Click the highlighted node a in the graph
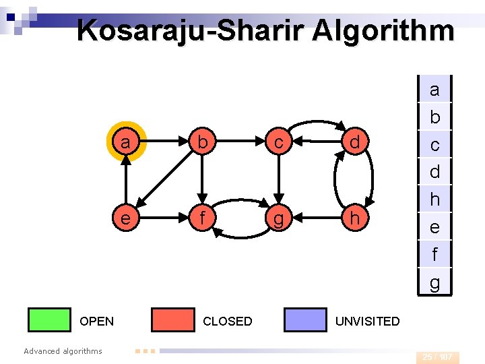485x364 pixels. (125, 142)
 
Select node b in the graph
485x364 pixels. (201, 142)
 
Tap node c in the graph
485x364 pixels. (278, 142)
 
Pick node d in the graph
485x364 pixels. (354, 142)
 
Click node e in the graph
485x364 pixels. (125, 218)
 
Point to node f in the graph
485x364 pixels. (201, 218)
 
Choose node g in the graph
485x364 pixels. (278, 218)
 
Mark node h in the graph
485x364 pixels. (354, 218)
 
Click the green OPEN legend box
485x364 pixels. (49, 320)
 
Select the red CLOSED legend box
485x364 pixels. (172, 320)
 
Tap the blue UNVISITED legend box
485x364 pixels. (305, 320)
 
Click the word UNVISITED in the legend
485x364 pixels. (367, 322)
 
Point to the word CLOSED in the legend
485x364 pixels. (228, 322)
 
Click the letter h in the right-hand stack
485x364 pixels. (434, 200)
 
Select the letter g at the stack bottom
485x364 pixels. (434, 282)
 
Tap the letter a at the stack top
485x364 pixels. (434, 89)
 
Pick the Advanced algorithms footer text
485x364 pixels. (63, 351)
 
